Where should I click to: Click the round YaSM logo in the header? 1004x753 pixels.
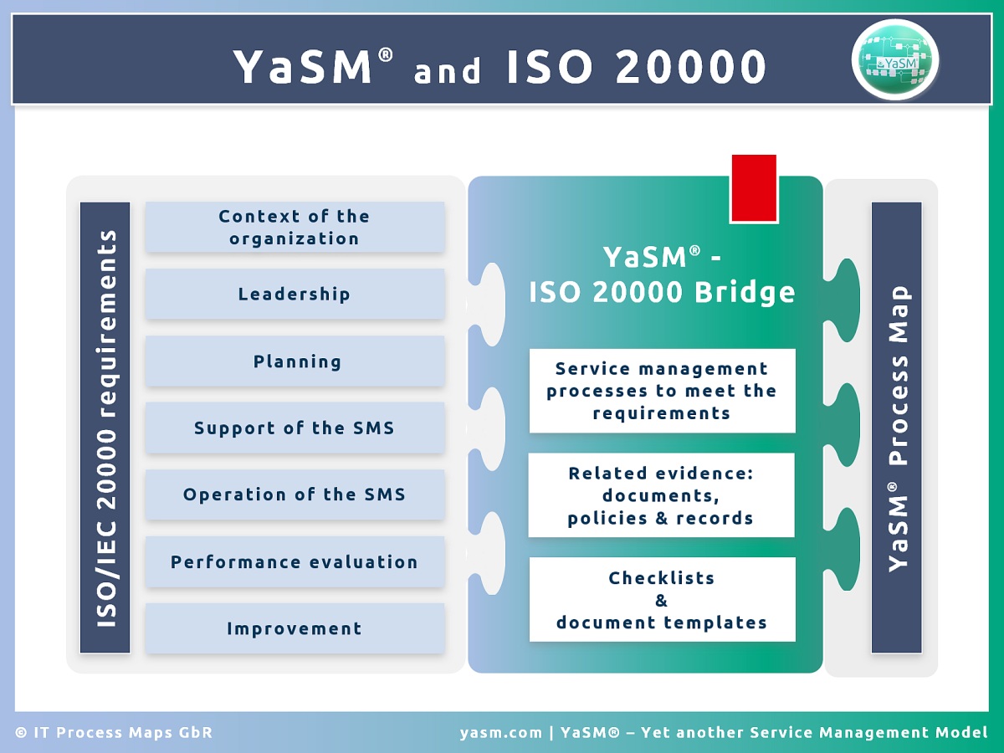point(895,60)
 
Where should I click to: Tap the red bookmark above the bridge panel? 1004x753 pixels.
point(754,188)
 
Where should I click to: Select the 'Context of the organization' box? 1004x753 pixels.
point(295,227)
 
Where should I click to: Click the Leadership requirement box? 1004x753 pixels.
point(295,294)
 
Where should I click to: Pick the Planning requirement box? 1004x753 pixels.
point(295,361)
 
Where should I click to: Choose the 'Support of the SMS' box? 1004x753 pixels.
point(295,428)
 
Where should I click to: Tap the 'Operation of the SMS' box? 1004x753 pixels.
point(295,494)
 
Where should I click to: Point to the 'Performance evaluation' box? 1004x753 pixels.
point(295,561)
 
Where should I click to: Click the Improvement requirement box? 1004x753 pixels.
point(295,628)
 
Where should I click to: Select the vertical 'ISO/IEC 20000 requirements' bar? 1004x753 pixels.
point(105,428)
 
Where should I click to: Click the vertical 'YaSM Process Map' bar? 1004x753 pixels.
point(897,428)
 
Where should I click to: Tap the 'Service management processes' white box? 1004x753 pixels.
point(662,391)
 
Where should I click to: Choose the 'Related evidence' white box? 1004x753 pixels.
point(661,495)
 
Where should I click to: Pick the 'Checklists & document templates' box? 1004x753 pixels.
point(662,600)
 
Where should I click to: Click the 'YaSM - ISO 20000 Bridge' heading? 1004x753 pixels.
point(661,274)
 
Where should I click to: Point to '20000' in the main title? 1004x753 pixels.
point(690,67)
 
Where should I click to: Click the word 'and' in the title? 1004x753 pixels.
point(448,71)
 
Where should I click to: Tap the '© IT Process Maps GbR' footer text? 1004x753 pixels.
point(114,733)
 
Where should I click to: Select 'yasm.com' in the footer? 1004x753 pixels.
point(501,733)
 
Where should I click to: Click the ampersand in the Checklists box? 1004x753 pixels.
point(661,600)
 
